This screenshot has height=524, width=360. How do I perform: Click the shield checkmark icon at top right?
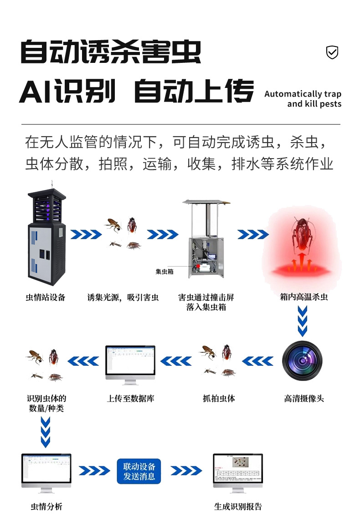tap(332, 53)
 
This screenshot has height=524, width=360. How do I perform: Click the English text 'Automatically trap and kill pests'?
tap(303, 99)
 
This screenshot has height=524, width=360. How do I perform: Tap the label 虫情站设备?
tap(46, 298)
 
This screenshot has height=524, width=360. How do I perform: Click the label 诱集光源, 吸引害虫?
tap(123, 298)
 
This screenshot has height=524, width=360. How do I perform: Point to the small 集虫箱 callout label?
tap(164, 272)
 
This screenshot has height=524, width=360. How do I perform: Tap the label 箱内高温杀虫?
tap(303, 297)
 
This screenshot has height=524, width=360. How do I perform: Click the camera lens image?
tap(302, 361)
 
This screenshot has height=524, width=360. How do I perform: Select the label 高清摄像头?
tap(304, 399)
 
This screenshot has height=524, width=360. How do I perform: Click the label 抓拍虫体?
tap(219, 399)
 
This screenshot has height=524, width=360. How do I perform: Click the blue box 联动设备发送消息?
tap(139, 471)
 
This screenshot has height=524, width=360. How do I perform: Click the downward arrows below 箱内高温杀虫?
tap(302, 321)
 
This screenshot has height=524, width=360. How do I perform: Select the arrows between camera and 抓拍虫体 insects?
tap(257, 361)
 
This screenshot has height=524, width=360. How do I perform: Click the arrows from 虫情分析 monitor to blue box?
tap(94, 471)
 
